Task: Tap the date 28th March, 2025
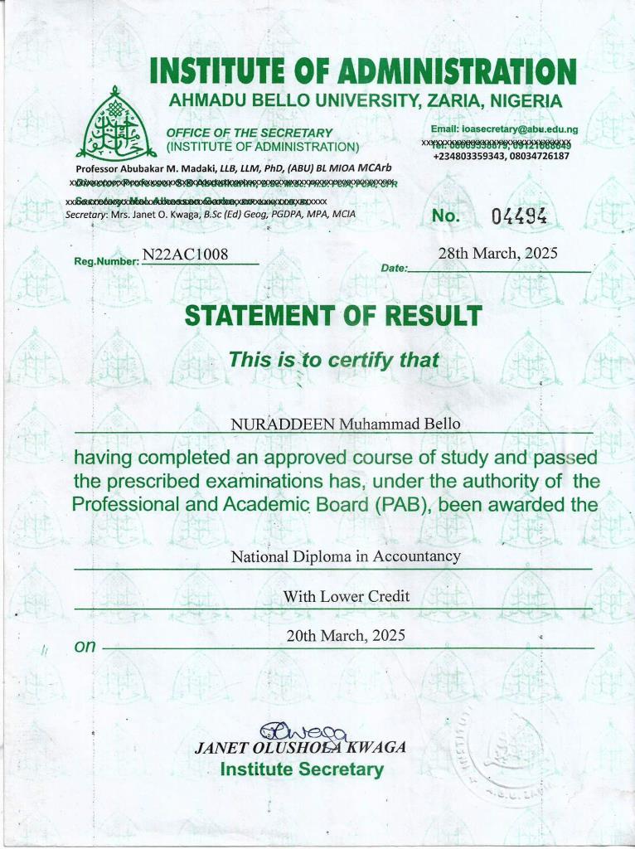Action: pyautogui.click(x=497, y=254)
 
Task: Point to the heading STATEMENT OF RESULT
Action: pyautogui.click(x=332, y=316)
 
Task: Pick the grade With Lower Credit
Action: pyautogui.click(x=346, y=596)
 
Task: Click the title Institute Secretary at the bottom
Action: pyautogui.click(x=302, y=769)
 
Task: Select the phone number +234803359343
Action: pyautogui.click(x=470, y=156)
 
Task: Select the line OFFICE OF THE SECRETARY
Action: pyautogui.click(x=249, y=133)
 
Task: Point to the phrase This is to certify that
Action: pyautogui.click(x=333, y=361)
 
